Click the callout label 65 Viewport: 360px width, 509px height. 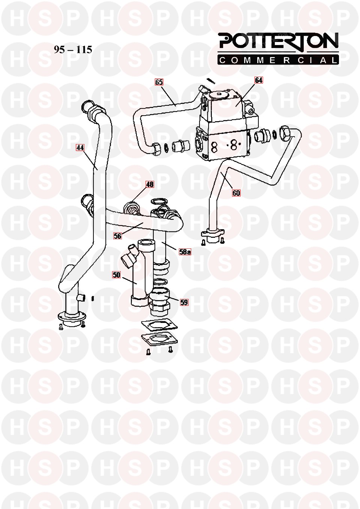point(159,82)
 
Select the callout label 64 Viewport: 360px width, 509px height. point(259,80)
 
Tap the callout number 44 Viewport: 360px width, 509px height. point(79,147)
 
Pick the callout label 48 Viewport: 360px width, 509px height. point(150,184)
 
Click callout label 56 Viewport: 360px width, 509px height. point(117,236)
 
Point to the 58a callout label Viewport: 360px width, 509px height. point(184,252)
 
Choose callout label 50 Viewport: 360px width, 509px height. point(117,275)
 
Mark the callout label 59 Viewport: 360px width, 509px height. point(184,302)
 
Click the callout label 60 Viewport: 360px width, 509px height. point(236,193)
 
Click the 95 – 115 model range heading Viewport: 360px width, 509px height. point(73,50)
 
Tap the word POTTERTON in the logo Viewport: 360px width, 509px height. point(279,41)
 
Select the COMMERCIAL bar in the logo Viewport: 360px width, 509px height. point(279,60)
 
